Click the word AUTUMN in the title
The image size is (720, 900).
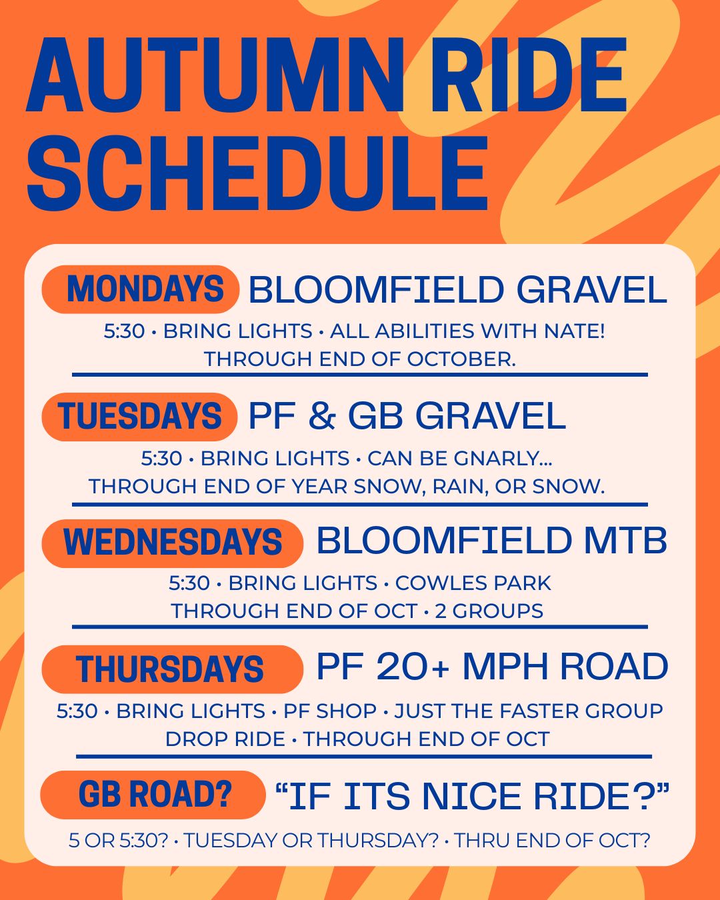216,76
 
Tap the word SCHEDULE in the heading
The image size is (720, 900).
257,173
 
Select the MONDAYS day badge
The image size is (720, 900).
140,289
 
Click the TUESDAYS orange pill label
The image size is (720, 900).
139,417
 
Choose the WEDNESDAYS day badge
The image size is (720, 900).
173,544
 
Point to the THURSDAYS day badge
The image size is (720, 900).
173,669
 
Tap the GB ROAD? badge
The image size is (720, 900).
153,795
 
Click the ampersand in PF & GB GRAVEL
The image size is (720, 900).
322,416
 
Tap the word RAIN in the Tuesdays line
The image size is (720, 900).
460,487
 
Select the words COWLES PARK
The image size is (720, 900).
473,583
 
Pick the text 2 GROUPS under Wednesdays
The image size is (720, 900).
489,611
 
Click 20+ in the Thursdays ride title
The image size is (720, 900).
413,666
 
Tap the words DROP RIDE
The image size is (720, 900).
225,739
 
